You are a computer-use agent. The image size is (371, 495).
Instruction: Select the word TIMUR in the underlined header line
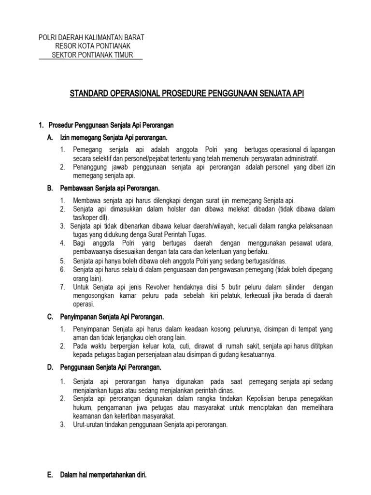pyautogui.click(x=124, y=55)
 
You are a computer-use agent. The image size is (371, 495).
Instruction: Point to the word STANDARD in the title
pyautogui.click(x=89, y=93)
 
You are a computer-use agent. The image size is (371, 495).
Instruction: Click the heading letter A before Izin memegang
pyautogui.click(x=50, y=138)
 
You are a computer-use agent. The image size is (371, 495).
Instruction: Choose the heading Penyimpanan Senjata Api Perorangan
pyautogui.click(x=112, y=317)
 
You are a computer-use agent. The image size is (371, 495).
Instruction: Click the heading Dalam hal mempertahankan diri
pyautogui.click(x=103, y=475)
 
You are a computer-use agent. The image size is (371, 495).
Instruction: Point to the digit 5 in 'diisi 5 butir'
pyautogui.click(x=208, y=287)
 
